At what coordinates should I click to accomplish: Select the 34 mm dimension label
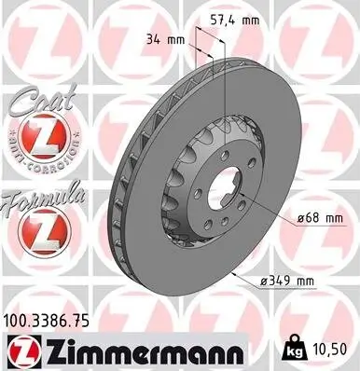click(x=165, y=40)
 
